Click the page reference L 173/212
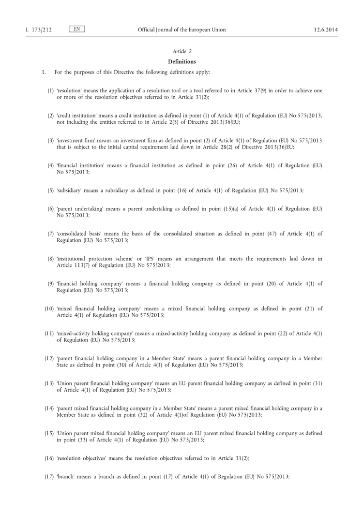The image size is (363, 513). [38, 30]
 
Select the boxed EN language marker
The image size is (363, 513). [77, 29]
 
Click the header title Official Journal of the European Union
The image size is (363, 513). [181, 30]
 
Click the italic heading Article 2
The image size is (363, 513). [181, 51]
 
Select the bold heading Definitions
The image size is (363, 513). [181, 61]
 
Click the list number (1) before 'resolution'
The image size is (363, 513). [50, 91]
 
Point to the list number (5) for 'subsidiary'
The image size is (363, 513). [50, 191]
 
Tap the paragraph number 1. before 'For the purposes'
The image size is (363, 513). [44, 72]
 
